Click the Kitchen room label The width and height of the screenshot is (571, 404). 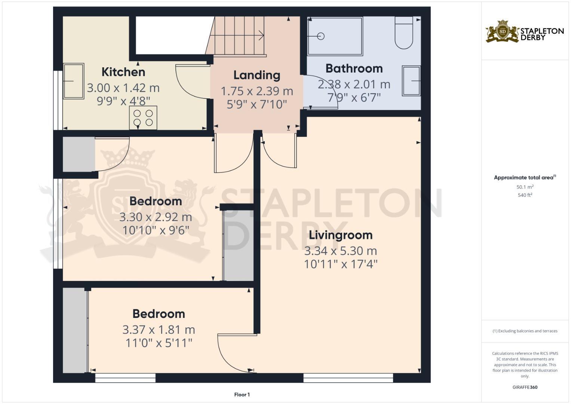123,72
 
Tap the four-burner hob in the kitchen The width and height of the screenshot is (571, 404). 143,118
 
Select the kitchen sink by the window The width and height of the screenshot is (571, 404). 73,81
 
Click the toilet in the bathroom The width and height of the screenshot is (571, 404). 404,33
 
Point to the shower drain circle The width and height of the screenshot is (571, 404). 320,36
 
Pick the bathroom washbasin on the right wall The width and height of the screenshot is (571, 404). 411,80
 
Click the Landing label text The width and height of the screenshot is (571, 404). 257,75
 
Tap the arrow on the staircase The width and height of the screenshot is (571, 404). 261,36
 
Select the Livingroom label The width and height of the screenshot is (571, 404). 341,235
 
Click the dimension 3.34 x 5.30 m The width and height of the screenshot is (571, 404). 341,251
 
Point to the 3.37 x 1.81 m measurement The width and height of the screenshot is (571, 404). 159,330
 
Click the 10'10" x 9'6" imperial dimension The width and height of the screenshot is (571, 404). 156,230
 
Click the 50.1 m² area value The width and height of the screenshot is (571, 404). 525,187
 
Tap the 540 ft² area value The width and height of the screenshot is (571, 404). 525,195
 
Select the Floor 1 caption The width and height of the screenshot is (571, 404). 242,395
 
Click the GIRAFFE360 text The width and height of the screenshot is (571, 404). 525,387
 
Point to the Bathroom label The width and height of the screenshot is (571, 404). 354,68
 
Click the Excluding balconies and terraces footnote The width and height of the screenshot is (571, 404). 525,331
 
